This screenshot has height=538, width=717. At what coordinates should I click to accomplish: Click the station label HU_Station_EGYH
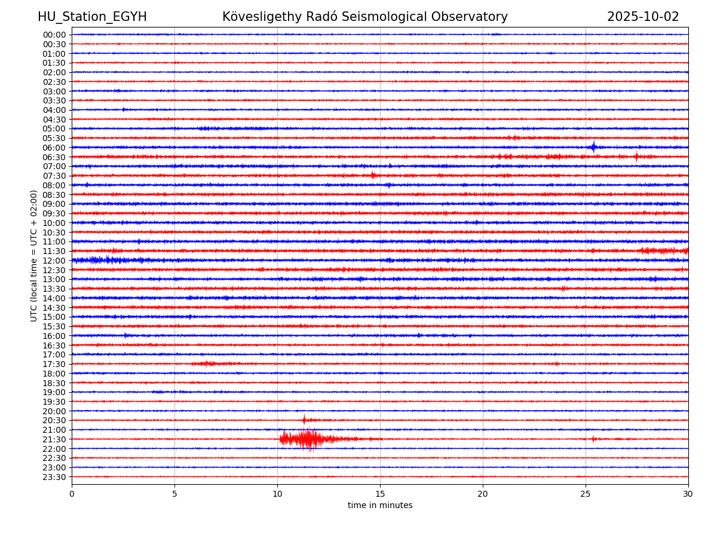pos(92,17)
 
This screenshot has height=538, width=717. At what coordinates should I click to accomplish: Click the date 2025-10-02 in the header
pos(643,17)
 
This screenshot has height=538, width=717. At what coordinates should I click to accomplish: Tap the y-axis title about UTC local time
pos(34,255)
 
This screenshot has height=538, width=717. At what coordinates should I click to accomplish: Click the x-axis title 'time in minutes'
pos(380,505)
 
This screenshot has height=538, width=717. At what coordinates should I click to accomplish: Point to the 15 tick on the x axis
pos(380,494)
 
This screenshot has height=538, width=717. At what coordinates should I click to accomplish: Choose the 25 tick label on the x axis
pos(586,494)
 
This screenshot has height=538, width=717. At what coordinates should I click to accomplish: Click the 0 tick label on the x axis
pos(72,494)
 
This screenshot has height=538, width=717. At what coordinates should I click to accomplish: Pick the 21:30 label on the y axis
pos(54,439)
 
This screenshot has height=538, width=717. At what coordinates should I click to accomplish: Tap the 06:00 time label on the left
pos(54,148)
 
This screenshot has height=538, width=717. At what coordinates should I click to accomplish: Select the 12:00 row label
pos(54,261)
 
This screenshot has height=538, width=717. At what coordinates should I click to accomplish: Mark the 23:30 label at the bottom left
pos(54,477)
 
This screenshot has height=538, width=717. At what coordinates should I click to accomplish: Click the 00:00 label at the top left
pos(54,35)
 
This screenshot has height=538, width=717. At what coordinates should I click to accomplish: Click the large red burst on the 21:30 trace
pos(306,439)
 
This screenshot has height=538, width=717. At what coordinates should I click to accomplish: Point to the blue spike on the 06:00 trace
pos(593,147)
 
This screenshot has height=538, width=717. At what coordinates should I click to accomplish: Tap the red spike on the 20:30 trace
pos(304,420)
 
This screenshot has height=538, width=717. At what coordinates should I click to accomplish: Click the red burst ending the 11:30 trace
pos(663,250)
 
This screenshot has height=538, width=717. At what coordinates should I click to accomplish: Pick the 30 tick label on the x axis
pos(688,494)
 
